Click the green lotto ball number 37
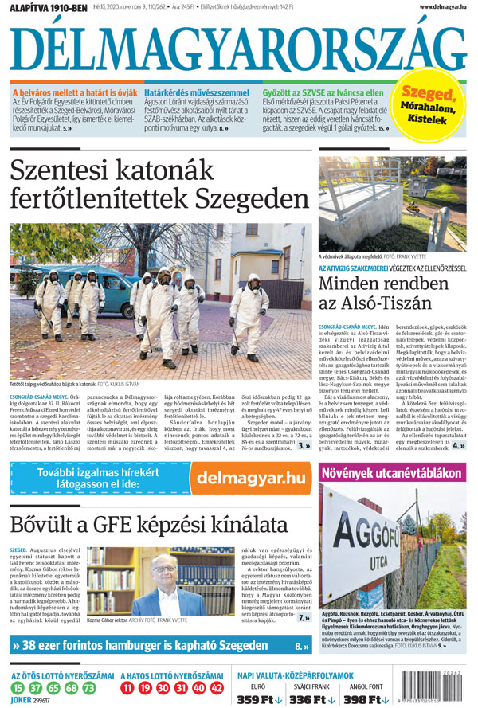[36, 687]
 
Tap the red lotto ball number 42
[217, 687]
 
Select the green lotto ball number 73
[88, 687]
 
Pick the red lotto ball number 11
[129, 687]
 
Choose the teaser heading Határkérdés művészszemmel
[197, 93]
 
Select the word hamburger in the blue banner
[156, 647]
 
